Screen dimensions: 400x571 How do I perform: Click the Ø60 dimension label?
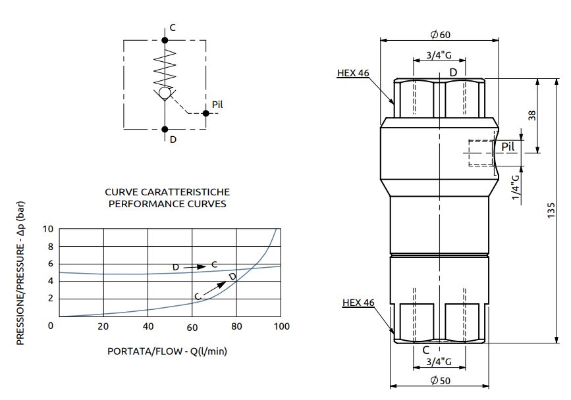(x=439, y=34)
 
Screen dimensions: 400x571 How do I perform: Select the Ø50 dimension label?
(x=440, y=381)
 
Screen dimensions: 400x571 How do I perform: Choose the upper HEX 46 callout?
(x=353, y=73)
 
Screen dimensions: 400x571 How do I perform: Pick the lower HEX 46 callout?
(x=358, y=303)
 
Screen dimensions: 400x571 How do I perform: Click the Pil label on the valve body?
(x=508, y=146)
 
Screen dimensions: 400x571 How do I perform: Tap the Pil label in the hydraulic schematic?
(x=218, y=105)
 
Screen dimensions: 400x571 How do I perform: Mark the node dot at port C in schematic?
(x=165, y=40)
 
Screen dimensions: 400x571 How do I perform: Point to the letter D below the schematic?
(x=173, y=139)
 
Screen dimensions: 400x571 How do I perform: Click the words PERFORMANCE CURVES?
(x=167, y=204)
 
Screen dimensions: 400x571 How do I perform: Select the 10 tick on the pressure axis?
(x=47, y=229)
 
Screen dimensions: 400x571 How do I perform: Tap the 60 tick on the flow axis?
(x=192, y=327)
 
